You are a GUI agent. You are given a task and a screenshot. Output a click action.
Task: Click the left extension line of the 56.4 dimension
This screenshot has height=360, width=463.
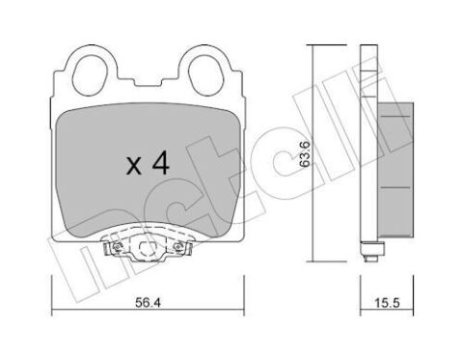50,290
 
